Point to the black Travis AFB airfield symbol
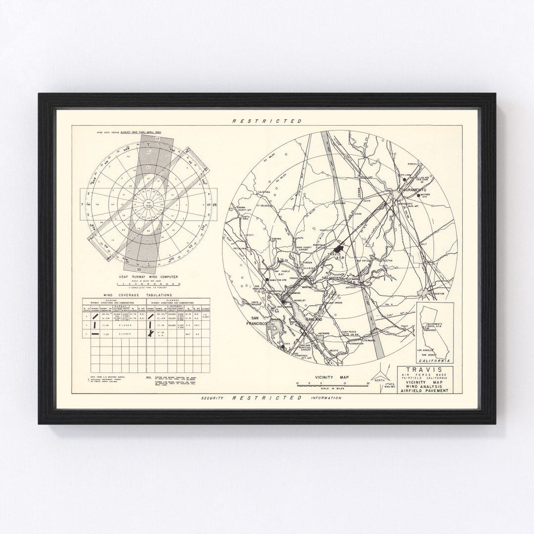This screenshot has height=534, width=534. tap(339, 246)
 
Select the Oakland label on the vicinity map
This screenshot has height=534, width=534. tap(313, 320)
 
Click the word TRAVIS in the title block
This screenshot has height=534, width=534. tap(426, 369)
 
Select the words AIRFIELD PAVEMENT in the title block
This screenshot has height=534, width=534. tap(427, 391)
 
